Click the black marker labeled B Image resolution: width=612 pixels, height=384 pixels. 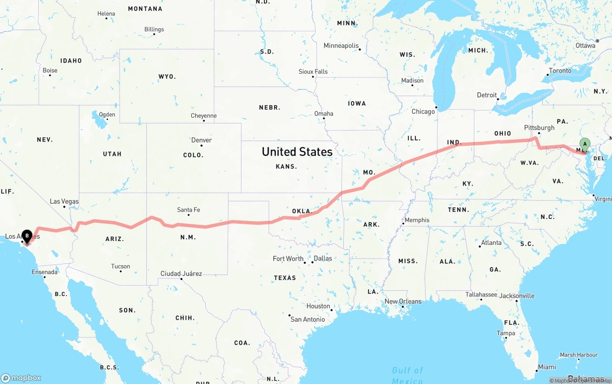pyautogui.click(x=27, y=235)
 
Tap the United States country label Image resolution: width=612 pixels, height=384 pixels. pyautogui.click(x=297, y=152)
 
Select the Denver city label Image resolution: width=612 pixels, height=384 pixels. pyautogui.click(x=201, y=140)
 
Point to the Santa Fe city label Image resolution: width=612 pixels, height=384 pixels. pyautogui.click(x=188, y=210)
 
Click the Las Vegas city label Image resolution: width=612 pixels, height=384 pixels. pyautogui.click(x=64, y=201)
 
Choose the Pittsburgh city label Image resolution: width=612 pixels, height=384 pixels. pyautogui.click(x=539, y=128)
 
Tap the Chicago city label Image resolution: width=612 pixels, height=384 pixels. pyautogui.click(x=423, y=111)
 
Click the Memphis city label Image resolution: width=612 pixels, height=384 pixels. pyautogui.click(x=417, y=220)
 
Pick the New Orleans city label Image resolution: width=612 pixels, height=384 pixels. pyautogui.click(x=403, y=301)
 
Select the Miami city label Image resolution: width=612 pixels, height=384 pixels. pyautogui.click(x=546, y=367)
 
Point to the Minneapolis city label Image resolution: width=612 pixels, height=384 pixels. pyautogui.click(x=341, y=46)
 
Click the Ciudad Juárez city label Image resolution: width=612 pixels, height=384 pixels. pyautogui.click(x=181, y=274)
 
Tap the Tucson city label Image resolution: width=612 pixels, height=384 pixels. pyautogui.click(x=120, y=266)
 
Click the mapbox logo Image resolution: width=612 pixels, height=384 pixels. pyautogui.click(x=21, y=378)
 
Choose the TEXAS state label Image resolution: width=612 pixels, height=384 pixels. pyautogui.click(x=284, y=278)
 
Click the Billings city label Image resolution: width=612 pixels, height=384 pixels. pyautogui.click(x=154, y=29)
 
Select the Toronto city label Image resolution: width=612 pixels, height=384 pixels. pyautogui.click(x=560, y=71)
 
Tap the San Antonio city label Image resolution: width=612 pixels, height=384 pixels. pyautogui.click(x=307, y=319)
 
